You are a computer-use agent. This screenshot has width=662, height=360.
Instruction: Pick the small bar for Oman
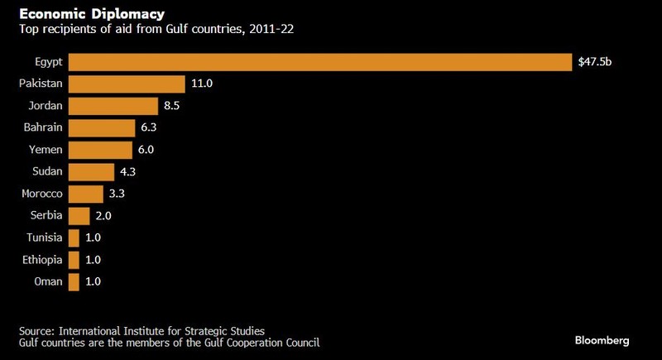(x=74, y=282)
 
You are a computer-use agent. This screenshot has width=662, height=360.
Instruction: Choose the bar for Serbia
(x=79, y=216)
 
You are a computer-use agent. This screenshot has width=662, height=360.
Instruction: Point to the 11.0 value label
(x=201, y=84)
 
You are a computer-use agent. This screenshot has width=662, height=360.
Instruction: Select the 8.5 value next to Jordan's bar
(x=173, y=106)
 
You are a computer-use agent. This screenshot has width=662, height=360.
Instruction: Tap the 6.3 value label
(x=150, y=127)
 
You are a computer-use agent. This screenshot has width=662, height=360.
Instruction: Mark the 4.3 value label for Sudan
(x=129, y=172)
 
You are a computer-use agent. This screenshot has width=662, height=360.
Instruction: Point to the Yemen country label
(x=45, y=150)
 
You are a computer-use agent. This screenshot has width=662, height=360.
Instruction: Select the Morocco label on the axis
(x=40, y=194)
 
